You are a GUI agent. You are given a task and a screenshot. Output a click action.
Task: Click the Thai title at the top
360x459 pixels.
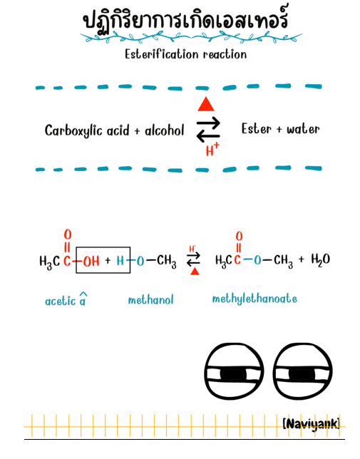tap(185, 19)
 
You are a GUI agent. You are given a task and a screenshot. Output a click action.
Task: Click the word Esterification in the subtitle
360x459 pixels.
tap(161, 54)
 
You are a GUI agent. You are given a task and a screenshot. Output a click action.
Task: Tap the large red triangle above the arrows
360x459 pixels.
tap(206, 104)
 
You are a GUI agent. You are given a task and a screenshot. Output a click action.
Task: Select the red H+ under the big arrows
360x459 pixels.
tap(212, 149)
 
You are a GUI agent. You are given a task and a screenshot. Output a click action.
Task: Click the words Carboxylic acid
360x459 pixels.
tap(87, 130)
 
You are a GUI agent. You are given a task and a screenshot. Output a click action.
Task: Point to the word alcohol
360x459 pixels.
tap(165, 130)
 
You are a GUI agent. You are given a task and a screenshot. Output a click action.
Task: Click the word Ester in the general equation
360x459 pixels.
tap(257, 129)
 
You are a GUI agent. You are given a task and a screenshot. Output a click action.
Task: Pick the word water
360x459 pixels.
tap(303, 129)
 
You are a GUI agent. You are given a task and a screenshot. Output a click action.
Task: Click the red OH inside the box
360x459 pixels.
tap(91, 261)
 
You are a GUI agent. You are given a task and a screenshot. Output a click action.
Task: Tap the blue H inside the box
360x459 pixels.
tap(120, 261)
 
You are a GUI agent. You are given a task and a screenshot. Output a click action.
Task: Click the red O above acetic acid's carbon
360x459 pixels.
tap(68, 234)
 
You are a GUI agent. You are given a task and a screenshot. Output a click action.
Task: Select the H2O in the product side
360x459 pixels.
tap(321, 259)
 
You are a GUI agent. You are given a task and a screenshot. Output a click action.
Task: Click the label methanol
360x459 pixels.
tap(150, 300)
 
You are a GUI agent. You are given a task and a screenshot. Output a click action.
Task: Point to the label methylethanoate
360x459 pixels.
tap(254, 299)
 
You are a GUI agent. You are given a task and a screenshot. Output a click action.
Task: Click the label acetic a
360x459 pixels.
tap(66, 299)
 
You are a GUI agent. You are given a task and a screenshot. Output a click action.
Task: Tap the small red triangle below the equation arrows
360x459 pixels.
tap(195, 272)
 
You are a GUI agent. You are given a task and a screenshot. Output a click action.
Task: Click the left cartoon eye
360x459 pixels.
tap(234, 371)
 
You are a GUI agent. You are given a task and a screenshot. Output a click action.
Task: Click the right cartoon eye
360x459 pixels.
tap(303, 371)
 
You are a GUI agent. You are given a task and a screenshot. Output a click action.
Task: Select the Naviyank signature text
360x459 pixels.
tap(312, 424)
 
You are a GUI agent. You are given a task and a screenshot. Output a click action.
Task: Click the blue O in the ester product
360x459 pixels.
tap(257, 259)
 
